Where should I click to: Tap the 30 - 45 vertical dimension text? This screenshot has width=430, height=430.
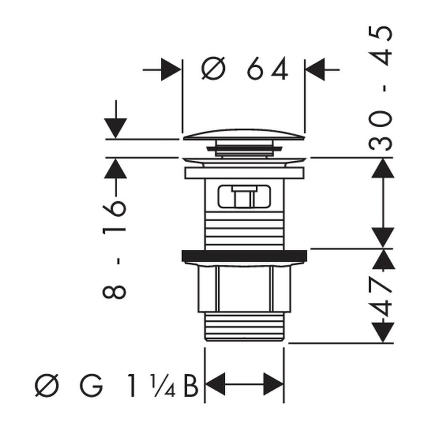pyautogui.click(x=382, y=88)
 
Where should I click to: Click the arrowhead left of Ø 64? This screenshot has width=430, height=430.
pyautogui.click(x=170, y=69)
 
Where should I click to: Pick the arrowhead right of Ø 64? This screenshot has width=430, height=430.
pyautogui.click(x=315, y=69)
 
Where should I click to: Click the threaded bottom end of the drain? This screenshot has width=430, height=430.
pyautogui.click(x=244, y=328)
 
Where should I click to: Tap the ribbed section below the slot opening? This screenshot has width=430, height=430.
pyautogui.click(x=244, y=229)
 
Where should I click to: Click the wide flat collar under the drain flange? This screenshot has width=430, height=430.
pyautogui.click(x=244, y=173)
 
